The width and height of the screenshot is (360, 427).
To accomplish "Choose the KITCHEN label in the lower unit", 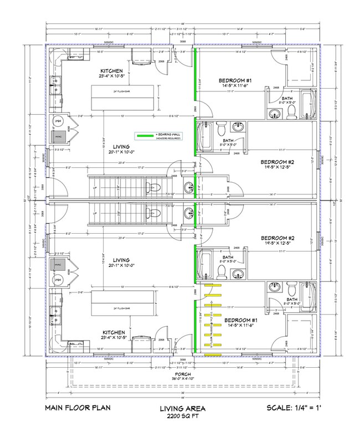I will click(111, 332).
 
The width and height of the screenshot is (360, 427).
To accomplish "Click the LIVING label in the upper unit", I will click(121, 147).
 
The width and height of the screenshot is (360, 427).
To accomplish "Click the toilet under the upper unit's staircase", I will click(156, 186).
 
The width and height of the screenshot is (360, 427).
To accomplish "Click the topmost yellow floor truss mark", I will click(209, 286).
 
